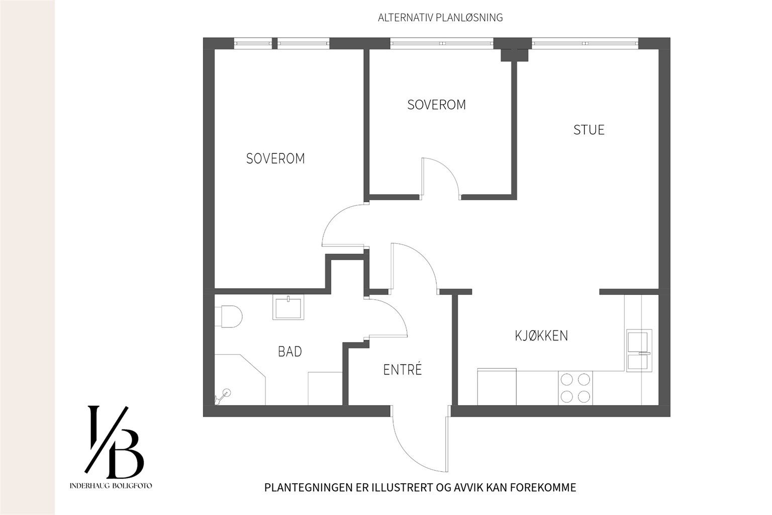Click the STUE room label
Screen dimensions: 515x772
pos(589,130)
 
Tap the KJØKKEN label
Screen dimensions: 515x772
pos(541,335)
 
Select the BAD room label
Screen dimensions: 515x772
pos(290,352)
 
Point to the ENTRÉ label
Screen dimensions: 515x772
pos(402,370)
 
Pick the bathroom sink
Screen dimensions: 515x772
pos(288,307)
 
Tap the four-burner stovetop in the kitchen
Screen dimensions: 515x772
pos(575,387)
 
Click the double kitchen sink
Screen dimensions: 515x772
pos(639,350)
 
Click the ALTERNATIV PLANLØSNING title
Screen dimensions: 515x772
pos(440,18)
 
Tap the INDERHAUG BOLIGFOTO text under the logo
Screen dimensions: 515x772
pos(111,486)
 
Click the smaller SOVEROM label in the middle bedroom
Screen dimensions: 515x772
pos(436,105)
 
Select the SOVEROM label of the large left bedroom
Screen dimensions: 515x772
pos(275,158)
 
